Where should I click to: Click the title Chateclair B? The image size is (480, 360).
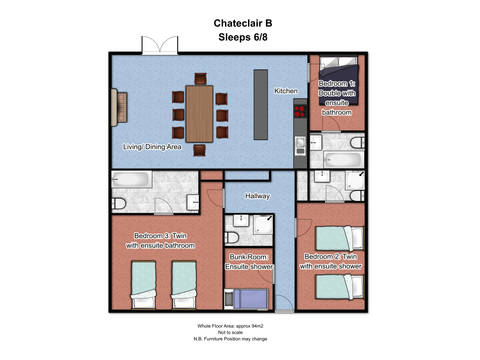pos(243,23)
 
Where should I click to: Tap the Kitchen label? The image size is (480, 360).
pos(285,91)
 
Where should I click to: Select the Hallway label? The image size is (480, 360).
pos(257,196)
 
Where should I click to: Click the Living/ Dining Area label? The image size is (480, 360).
pos(152,147)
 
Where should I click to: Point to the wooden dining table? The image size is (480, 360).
pos(199,114)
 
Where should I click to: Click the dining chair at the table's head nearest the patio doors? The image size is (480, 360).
pos(200,79)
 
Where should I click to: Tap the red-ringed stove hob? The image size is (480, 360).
pos(300,111)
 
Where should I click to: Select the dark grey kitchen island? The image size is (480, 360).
pos(261,105)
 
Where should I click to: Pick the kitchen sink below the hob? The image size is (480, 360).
pos(300,145)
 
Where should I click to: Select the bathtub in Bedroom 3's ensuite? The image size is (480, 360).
pos(131,179)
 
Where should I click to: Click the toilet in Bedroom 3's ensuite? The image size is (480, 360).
pos(119,203)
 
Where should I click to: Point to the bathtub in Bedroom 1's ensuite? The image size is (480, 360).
pos(342,159)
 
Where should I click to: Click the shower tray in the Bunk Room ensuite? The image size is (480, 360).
pos(263,224)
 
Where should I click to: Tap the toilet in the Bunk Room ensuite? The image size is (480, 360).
pos(232,237)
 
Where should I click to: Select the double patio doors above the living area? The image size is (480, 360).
pos(160,45)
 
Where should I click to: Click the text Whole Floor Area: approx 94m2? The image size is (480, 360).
pos(230,326)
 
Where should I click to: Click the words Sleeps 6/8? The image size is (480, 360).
pos(243,37)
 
